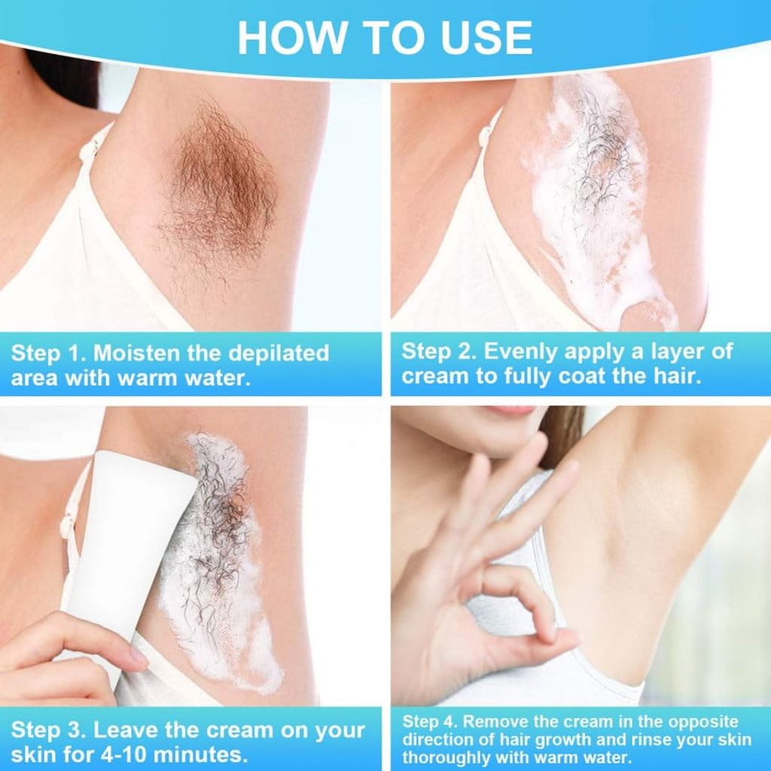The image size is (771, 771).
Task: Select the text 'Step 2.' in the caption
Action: pyautogui.click(x=437, y=352)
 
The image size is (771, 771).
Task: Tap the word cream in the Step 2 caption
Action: pyautogui.click(x=434, y=376)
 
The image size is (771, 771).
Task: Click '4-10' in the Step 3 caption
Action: pyautogui.click(x=105, y=754)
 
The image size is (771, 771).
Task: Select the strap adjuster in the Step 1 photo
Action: pyautogui.click(x=89, y=151)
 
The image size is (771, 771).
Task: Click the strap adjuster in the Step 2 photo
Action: pyautogui.click(x=486, y=136)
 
